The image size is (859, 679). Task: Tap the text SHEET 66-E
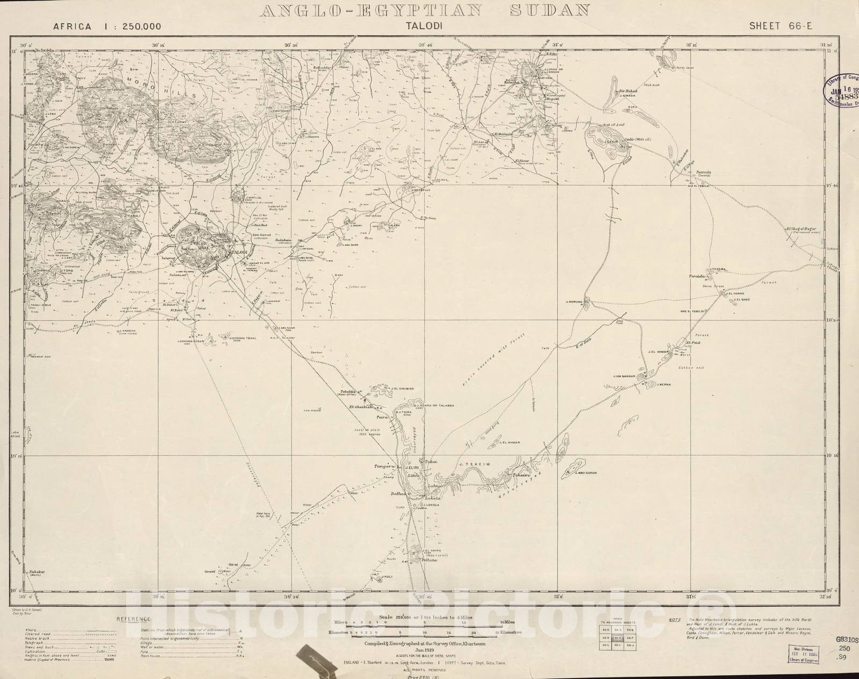pos(776,25)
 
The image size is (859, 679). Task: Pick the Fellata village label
pos(429,560)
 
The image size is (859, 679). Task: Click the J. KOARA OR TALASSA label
pos(434,404)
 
